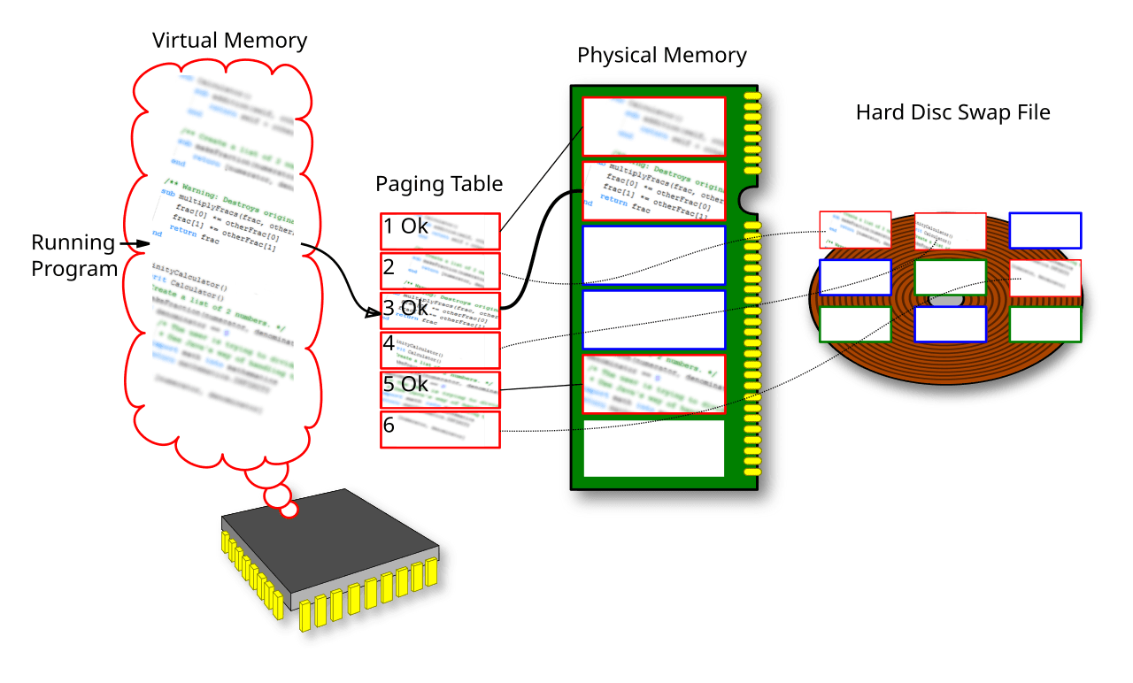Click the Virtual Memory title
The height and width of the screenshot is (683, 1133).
click(229, 41)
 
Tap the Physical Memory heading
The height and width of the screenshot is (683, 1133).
click(661, 56)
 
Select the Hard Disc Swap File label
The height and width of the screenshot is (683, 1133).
click(952, 112)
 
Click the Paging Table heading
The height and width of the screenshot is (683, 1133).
click(439, 184)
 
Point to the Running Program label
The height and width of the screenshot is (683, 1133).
click(73, 255)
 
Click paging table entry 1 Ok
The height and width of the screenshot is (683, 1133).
click(440, 232)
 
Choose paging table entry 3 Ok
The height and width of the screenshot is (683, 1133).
click(440, 310)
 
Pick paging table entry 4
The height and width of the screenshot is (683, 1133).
click(440, 349)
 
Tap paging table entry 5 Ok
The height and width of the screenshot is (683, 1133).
click(440, 388)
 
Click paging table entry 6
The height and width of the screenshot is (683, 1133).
click(440, 429)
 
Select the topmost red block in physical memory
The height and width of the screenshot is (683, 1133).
click(654, 127)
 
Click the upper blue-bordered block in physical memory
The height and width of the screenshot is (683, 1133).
click(654, 255)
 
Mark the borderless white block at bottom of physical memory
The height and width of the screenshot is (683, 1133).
click(654, 448)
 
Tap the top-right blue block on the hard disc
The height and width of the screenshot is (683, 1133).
click(1044, 230)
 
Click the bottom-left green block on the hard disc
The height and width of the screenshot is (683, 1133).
click(855, 324)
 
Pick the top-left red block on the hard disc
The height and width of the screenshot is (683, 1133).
click(855, 229)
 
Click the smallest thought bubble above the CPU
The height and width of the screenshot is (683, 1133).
click(289, 510)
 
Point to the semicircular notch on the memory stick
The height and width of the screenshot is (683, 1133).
click(751, 199)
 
